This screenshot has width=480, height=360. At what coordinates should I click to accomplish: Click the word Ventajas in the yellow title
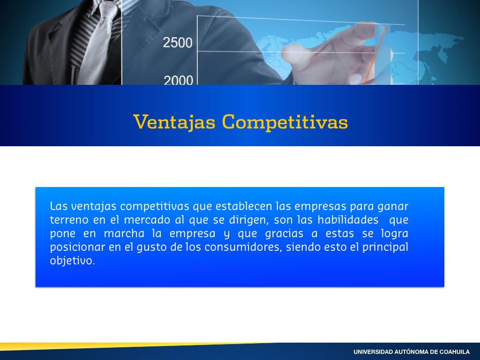tap(174, 122)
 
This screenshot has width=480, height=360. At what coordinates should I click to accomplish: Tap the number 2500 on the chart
tap(178, 43)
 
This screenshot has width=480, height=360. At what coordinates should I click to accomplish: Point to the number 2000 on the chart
tap(178, 80)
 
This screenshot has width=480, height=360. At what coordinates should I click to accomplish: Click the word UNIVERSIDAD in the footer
tap(373, 352)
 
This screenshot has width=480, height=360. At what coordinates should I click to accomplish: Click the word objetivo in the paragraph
tap(72, 261)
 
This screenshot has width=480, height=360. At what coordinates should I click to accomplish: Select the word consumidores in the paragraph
tap(243, 247)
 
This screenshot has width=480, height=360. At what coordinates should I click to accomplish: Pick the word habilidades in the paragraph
tap(348, 220)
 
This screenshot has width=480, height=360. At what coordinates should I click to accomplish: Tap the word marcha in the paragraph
tap(124, 233)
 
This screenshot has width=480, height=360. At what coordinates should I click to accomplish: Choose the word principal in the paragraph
tap(385, 247)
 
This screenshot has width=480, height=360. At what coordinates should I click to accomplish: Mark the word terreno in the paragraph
tap(69, 220)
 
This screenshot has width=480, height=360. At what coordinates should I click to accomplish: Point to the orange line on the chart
tap(376, 54)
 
